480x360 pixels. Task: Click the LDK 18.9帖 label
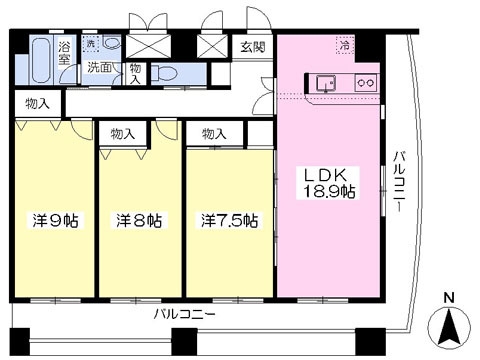pos(328,183)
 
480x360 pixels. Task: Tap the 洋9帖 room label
pos(56,220)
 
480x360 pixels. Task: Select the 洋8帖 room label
pos(139,220)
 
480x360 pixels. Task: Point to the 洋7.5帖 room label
pos(229,220)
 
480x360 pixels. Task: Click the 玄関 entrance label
pos(253,47)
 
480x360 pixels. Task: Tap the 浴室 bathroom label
pos(64,53)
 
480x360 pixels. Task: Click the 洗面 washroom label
pos(99,68)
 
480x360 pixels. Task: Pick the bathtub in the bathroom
pos(42,60)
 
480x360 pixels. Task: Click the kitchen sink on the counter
pos(326,82)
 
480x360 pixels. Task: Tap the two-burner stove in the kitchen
pos(366,82)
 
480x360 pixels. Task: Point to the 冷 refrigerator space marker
pos(345,45)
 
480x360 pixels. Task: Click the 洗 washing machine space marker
pos(91,43)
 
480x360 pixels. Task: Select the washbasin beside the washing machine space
pos(112,43)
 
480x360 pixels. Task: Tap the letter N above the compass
pos(449,297)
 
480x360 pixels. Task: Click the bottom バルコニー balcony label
pos(184,314)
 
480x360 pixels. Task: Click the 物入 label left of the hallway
pos(38,104)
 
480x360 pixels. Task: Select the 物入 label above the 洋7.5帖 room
pos(214,134)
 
